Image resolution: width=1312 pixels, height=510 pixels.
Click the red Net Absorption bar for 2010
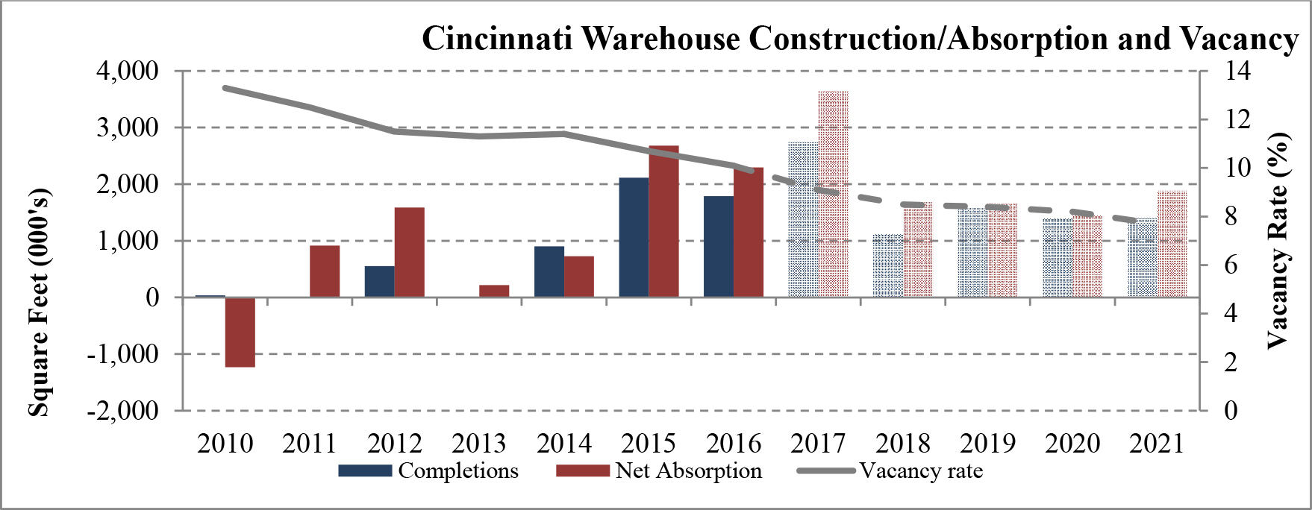(240, 332)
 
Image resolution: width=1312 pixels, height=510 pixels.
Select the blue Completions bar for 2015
(634, 237)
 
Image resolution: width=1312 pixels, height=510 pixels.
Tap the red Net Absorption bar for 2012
(409, 252)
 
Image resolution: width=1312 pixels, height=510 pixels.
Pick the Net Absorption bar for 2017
(833, 194)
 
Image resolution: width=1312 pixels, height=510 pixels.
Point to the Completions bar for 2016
(719, 246)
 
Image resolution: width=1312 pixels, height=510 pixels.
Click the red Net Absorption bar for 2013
(494, 291)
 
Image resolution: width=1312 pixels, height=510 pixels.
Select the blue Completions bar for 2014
(549, 271)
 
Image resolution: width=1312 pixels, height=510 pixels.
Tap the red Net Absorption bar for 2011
(325, 271)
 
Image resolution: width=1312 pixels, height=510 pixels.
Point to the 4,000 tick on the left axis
(128, 72)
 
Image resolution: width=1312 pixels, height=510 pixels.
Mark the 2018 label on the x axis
(903, 444)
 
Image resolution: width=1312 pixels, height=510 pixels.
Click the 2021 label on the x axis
(1157, 444)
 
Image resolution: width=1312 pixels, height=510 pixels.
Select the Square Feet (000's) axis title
(39, 302)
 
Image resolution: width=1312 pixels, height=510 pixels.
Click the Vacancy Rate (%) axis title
(1278, 240)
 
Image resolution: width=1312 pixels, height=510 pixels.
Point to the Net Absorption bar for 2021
(1172, 245)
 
